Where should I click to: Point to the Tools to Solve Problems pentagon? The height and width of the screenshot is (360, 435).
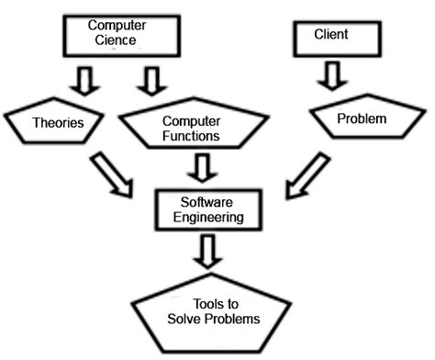pos(211,316)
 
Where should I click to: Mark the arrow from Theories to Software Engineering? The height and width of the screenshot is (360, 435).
pos(115,177)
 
